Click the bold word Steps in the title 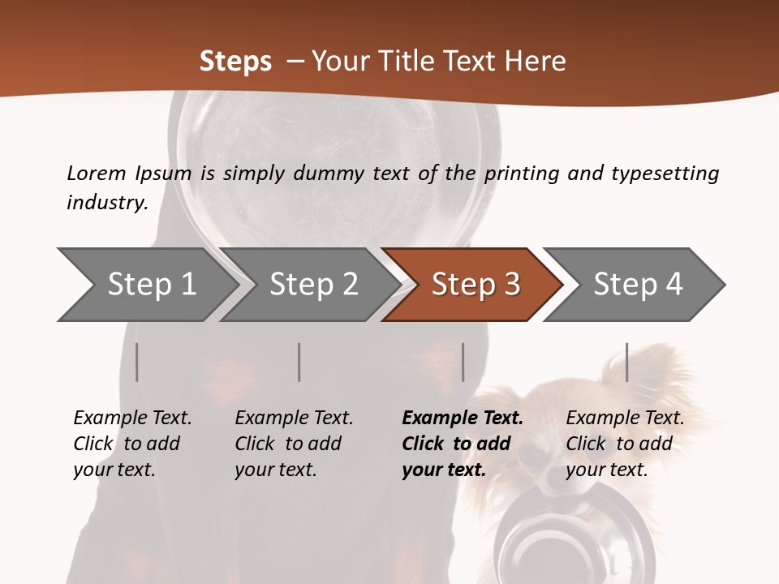point(235,62)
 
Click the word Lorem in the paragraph point(97,173)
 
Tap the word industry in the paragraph point(106,202)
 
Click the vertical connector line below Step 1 point(137,362)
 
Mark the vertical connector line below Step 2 point(299,362)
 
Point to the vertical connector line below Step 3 point(463,362)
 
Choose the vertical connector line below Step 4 point(626,362)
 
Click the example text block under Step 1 point(132,444)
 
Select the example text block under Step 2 point(294,444)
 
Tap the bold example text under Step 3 point(462,444)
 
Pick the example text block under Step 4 point(625,444)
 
